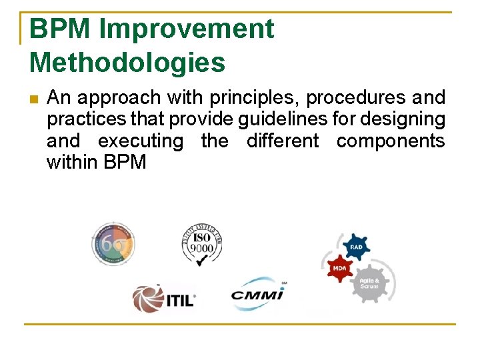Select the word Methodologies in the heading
tap(127, 63)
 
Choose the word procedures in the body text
tap(356, 98)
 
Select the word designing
tap(408, 119)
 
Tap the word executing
tap(140, 141)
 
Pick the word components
tap(390, 141)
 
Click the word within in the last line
tap(73, 163)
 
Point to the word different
tap(283, 141)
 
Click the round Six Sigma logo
tap(113, 244)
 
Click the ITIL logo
tap(163, 298)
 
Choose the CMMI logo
tap(257, 294)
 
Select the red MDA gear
tap(338, 268)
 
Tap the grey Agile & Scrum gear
tap(370, 283)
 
